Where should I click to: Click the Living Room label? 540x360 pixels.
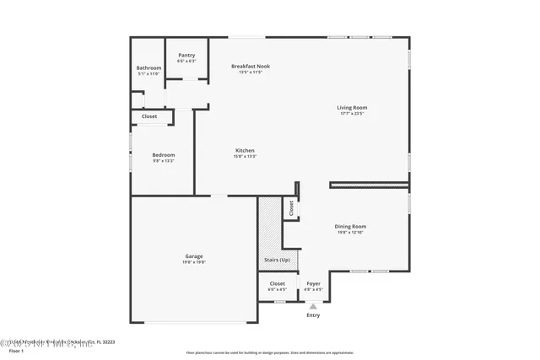352,107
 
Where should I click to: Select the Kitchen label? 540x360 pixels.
245,150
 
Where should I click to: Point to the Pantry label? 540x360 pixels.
186,56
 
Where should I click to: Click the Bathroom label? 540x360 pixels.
148,67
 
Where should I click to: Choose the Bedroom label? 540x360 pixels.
163,154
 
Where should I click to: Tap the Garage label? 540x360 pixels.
194,256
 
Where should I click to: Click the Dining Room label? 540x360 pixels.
350,226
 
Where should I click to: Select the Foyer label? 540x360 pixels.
313,283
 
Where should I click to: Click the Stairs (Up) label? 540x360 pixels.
278,260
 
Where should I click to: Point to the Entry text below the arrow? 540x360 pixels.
313,315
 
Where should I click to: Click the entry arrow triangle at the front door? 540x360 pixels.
313,306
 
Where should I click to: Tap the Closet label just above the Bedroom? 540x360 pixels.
148,116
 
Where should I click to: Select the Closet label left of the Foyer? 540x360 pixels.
278,283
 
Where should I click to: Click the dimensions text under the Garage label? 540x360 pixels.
194,262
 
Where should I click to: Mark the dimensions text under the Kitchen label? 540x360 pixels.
245,156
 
